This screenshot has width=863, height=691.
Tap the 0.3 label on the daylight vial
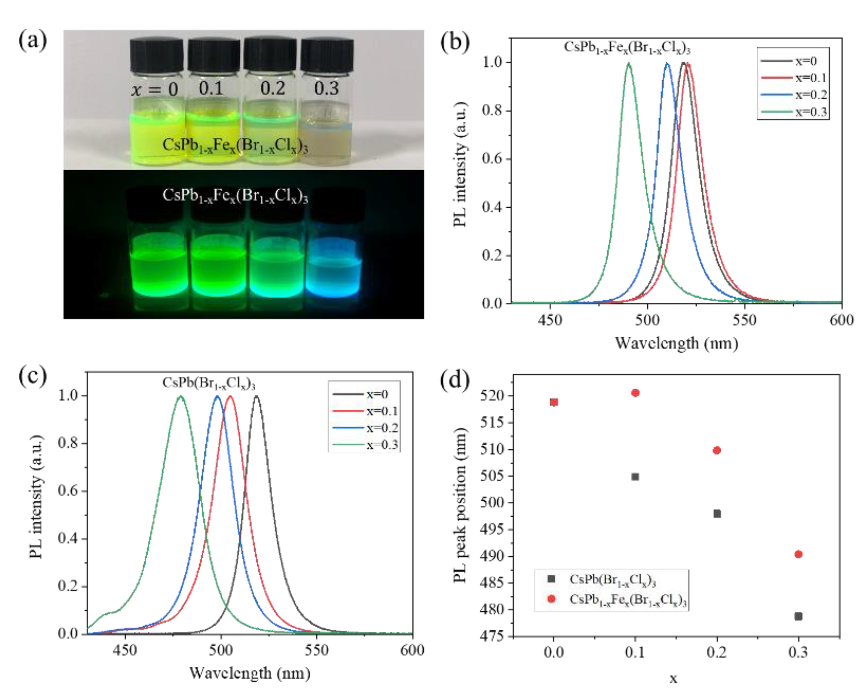tap(326, 88)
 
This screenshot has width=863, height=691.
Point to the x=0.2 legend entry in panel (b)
tap(810, 95)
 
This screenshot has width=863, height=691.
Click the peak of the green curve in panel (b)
tap(629, 63)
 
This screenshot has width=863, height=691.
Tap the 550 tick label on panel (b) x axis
tap(745, 320)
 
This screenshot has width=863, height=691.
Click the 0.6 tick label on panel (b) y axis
tap(492, 159)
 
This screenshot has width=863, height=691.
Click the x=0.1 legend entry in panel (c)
tap(382, 411)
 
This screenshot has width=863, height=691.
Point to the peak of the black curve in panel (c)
tap(256, 396)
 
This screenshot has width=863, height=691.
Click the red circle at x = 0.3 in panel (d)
tap(798, 554)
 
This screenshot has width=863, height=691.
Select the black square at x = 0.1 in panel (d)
tap(635, 477)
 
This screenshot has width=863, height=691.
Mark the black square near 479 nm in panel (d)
tap(798, 616)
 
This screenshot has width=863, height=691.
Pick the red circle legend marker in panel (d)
tap(551, 599)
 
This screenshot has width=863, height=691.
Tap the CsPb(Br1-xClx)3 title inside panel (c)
tap(209, 384)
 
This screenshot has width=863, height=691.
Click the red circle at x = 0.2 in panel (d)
tap(716, 450)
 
